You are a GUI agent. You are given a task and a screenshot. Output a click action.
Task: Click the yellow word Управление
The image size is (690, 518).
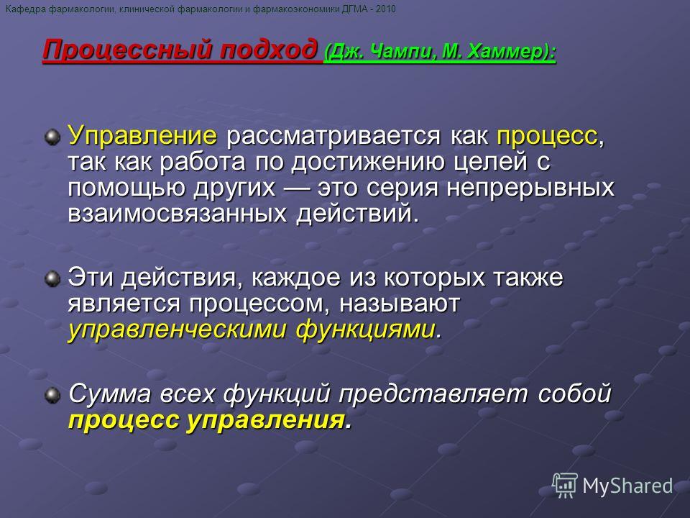(x=142, y=135)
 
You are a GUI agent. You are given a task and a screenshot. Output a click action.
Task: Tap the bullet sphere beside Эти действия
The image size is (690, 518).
(x=52, y=279)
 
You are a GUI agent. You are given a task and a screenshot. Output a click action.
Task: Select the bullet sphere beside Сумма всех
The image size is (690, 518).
(x=52, y=395)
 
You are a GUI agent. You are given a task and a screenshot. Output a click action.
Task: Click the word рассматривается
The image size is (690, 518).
(x=333, y=136)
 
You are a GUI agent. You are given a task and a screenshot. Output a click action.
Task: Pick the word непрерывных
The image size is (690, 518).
(x=530, y=188)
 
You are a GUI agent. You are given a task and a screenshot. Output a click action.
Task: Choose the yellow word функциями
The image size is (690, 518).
(x=365, y=330)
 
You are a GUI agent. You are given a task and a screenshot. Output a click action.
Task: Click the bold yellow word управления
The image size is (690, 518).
(x=266, y=420)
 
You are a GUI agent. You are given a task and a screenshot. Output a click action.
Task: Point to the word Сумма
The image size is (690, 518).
(x=109, y=394)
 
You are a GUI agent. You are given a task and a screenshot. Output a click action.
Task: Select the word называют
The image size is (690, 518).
(x=400, y=304)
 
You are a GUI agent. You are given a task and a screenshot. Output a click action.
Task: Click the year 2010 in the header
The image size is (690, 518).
(x=385, y=9)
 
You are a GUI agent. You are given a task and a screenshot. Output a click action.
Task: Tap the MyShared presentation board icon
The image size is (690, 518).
(x=565, y=485)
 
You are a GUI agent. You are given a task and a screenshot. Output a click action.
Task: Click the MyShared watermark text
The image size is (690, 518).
(x=627, y=486)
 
